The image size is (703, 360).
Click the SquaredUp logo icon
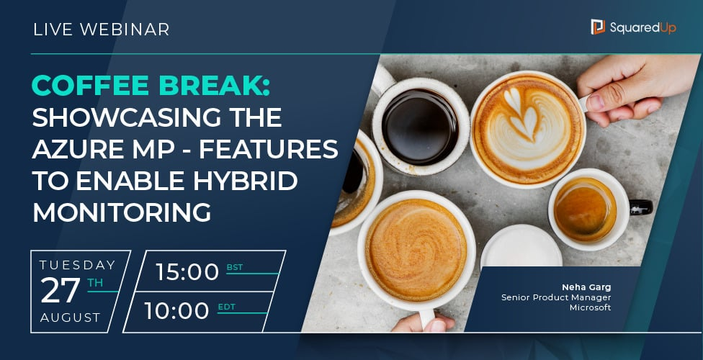coord(598,27)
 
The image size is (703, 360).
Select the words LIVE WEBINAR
coord(102,30)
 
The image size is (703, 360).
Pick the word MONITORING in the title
coord(122,213)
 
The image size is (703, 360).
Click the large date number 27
coord(61,291)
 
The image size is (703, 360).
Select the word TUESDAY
coord(78,264)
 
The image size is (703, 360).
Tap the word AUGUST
coord(71,318)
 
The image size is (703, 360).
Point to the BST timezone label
coord(235,267)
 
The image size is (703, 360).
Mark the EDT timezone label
coord(226,306)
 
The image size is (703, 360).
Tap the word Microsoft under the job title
coord(591,307)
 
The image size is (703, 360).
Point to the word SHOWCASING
coord(156,118)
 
